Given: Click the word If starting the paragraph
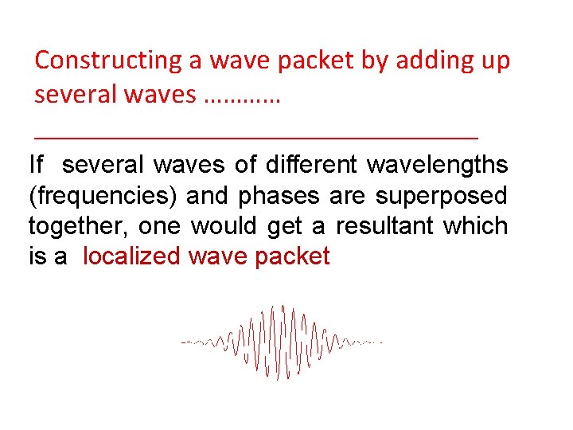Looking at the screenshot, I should (36, 165).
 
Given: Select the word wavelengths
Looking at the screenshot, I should (437, 165).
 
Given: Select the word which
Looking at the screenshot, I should (475, 226).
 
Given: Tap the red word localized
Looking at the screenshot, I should (132, 256).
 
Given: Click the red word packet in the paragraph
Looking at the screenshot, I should (294, 256).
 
